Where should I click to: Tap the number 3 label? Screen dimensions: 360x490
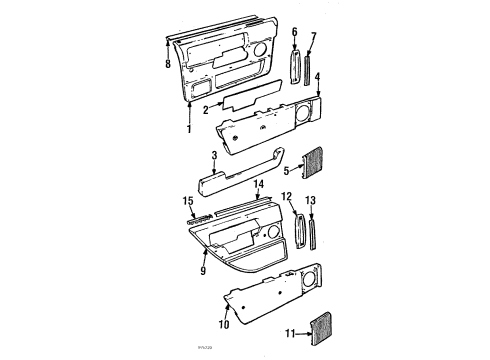point(214,157)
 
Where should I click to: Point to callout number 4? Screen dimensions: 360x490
point(317,76)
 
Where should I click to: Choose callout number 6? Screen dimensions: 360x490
point(294,32)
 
